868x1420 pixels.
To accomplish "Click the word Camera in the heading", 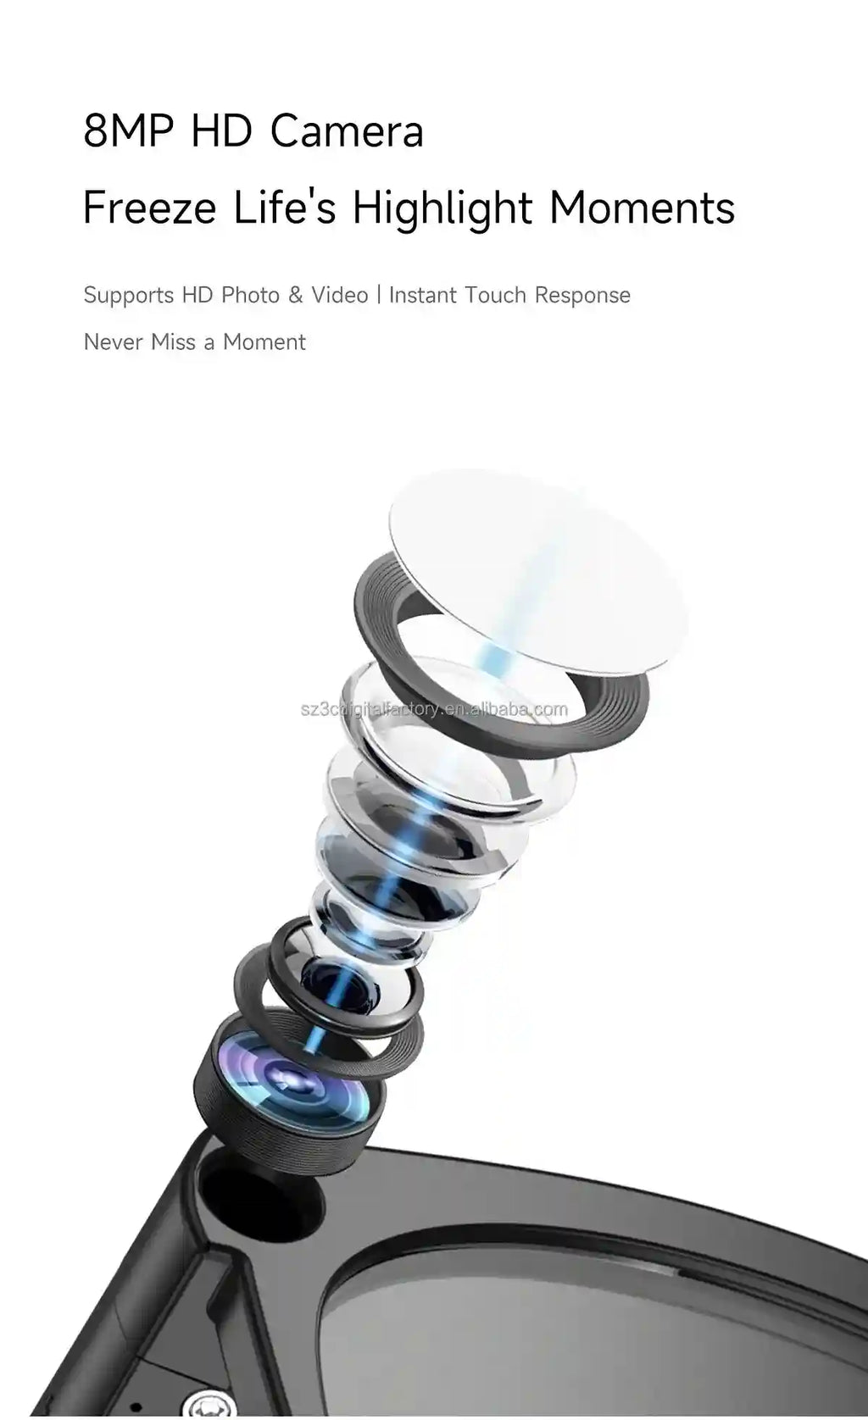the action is (x=346, y=130).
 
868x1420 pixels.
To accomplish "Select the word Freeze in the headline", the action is (x=150, y=207).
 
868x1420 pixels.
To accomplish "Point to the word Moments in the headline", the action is (x=643, y=207).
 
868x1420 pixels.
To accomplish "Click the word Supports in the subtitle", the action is (x=129, y=296).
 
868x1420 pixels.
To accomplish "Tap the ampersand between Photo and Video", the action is (x=296, y=296).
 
